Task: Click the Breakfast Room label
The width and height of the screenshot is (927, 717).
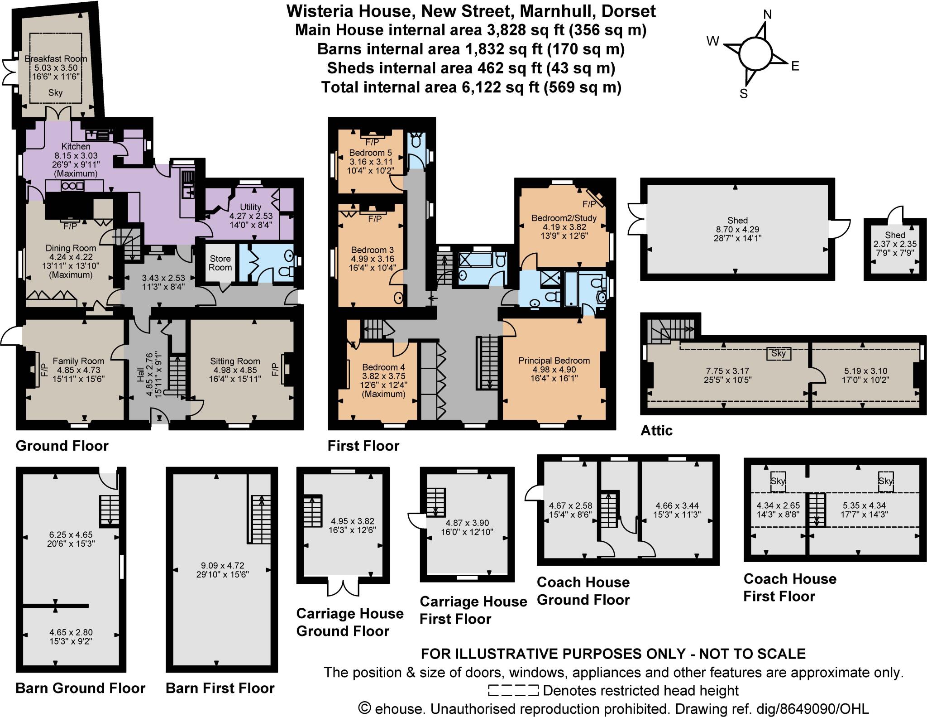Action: click(x=56, y=59)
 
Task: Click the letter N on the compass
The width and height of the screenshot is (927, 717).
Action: click(x=767, y=15)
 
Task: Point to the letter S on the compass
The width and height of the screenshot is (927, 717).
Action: click(x=744, y=94)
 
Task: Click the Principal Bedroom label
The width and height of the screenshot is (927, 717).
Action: click(x=554, y=361)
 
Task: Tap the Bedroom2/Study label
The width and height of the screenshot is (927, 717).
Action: click(x=564, y=218)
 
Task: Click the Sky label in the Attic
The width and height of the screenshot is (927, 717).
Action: click(x=779, y=353)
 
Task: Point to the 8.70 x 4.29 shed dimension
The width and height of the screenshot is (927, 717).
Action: click(x=737, y=229)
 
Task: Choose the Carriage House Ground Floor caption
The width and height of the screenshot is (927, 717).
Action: click(x=349, y=622)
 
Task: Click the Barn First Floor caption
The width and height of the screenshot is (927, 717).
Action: click(x=220, y=688)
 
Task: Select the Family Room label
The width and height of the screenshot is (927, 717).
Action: click(x=78, y=361)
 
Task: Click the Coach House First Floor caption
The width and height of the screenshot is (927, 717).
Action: click(x=789, y=587)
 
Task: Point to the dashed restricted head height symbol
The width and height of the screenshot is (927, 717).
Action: click(x=513, y=690)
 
